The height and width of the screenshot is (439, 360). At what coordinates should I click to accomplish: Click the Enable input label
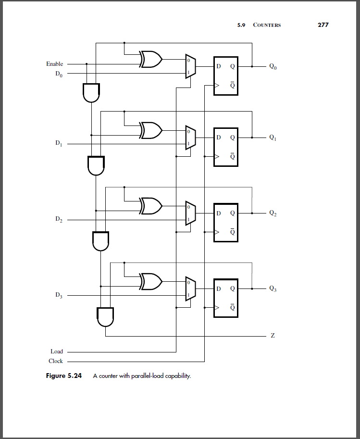click(54, 64)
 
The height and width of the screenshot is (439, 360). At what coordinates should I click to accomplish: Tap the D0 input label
click(58, 74)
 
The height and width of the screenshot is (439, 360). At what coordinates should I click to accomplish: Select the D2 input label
click(58, 220)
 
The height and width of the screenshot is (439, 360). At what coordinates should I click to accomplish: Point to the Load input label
click(57, 351)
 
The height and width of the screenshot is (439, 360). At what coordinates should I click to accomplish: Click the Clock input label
click(56, 361)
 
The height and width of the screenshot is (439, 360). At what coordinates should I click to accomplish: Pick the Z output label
click(273, 336)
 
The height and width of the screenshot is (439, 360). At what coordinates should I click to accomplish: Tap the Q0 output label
click(273, 67)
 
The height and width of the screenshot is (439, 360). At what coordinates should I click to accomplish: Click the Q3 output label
click(273, 289)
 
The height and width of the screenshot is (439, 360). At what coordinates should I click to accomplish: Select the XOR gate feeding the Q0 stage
click(151, 60)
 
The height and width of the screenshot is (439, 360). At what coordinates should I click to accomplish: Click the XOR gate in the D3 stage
click(151, 281)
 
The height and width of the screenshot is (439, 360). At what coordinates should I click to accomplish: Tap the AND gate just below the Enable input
click(91, 92)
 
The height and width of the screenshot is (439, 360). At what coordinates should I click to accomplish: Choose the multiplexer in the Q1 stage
click(190, 138)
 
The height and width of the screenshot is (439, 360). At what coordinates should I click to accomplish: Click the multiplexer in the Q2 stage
click(190, 213)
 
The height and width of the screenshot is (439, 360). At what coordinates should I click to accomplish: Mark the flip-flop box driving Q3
click(225, 297)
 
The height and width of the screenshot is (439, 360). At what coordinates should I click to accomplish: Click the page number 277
click(323, 25)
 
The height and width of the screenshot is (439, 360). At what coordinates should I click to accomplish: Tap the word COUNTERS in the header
click(267, 25)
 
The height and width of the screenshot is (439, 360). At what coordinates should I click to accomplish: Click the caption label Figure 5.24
click(63, 376)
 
